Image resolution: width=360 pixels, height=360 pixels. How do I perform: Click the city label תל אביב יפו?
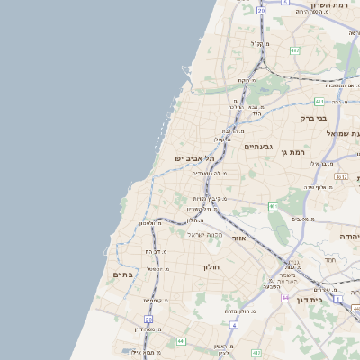(x=193, y=157)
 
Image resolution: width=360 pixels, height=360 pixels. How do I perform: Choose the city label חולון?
(x=211, y=266)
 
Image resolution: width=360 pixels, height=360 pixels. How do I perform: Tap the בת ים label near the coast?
(x=123, y=274)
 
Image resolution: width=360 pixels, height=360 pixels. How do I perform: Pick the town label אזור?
(x=239, y=238)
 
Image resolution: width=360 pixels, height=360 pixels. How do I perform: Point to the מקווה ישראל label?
(x=203, y=235)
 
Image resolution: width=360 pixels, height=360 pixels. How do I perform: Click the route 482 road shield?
(x=294, y=50)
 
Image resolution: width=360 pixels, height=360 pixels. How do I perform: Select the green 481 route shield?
(x=319, y=102)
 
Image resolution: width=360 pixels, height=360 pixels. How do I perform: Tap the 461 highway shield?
(x=273, y=207)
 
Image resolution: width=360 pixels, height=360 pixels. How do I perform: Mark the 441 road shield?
(x=181, y=341)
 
